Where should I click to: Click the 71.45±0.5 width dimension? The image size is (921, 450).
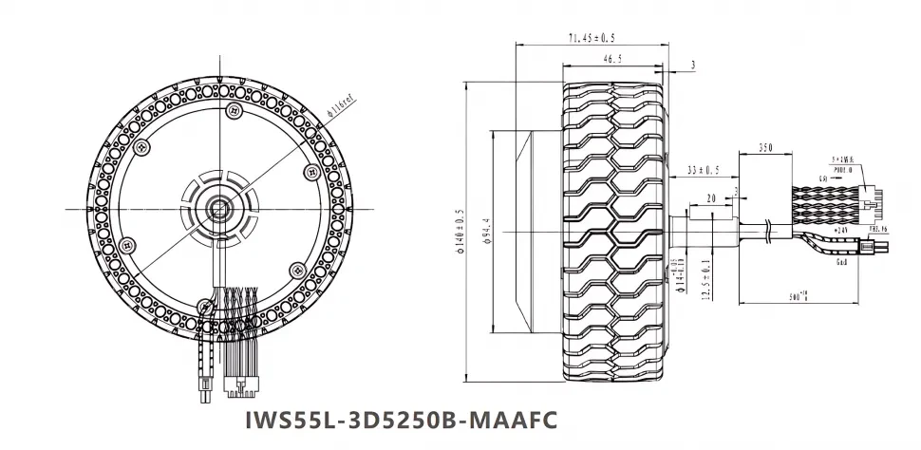click(591, 38)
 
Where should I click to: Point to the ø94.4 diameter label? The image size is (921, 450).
click(486, 231)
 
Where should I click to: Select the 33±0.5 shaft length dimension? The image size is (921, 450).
click(702, 171)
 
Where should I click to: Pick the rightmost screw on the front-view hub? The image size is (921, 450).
click(311, 172)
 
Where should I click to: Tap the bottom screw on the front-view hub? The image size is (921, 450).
click(205, 306)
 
